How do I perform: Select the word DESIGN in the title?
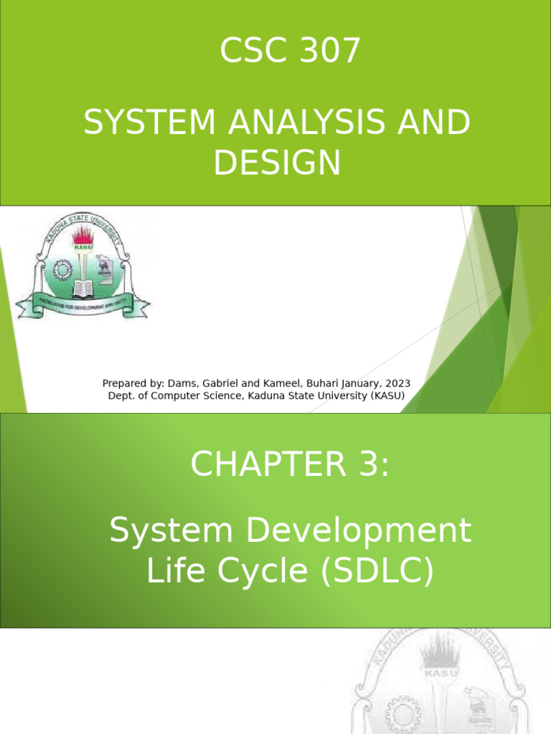pos(276,163)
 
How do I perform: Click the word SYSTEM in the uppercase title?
pos(149,124)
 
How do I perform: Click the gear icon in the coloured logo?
pos(63,270)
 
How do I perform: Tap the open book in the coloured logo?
pos(83,289)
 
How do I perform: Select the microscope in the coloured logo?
pos(105,271)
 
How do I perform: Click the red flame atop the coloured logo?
pos(84,236)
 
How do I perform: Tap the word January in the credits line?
pos(354,383)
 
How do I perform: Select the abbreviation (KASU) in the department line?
pos(385,395)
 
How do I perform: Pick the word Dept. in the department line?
pos(121,395)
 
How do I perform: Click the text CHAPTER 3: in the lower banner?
pos(290,464)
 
